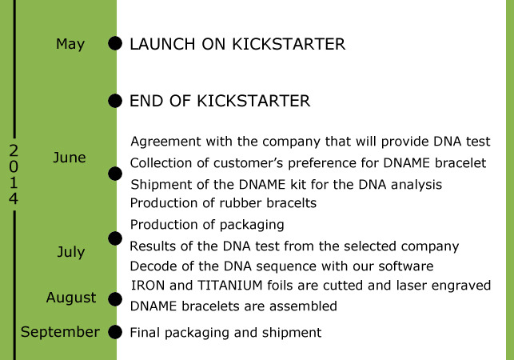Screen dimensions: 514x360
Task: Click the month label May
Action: (x=70, y=44)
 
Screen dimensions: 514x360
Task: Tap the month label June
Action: (x=70, y=158)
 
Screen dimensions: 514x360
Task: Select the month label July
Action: (x=71, y=252)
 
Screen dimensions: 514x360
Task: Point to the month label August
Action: (x=71, y=298)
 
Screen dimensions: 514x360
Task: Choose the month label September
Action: (x=60, y=333)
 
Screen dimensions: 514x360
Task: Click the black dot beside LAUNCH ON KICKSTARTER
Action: (x=115, y=43)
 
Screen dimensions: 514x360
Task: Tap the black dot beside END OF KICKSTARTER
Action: (x=115, y=101)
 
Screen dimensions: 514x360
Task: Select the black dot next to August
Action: (x=115, y=299)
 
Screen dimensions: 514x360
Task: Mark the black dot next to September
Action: (x=115, y=332)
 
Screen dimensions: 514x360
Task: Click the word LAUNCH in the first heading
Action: (x=162, y=44)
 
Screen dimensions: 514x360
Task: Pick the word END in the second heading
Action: (x=146, y=101)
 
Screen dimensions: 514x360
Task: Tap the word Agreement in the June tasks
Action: (x=165, y=142)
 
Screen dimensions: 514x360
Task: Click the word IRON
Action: (x=148, y=286)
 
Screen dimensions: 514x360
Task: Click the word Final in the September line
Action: (x=145, y=333)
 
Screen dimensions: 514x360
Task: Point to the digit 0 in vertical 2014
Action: (x=14, y=167)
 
